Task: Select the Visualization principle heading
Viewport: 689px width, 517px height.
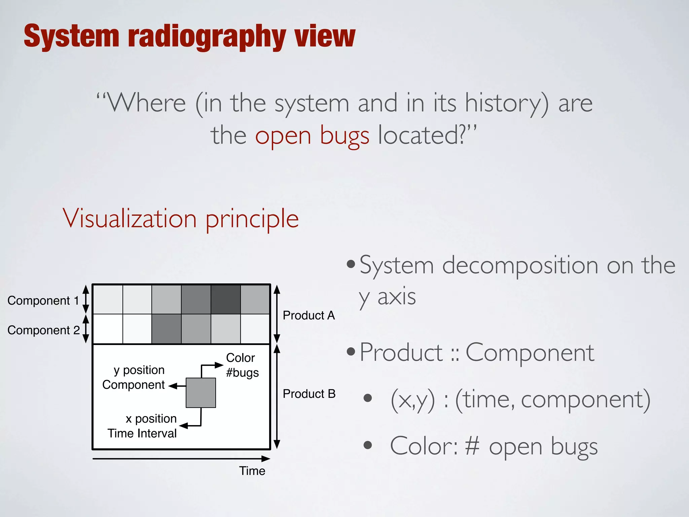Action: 181,218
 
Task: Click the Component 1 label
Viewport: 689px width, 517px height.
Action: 43,301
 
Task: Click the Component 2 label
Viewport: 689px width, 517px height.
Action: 43,330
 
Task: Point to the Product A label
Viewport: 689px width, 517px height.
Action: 309,315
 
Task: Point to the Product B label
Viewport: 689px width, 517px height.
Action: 309,394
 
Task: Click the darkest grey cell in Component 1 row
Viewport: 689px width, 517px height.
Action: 225,299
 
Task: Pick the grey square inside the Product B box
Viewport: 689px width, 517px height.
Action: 201,392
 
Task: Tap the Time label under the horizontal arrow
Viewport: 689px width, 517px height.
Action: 252,471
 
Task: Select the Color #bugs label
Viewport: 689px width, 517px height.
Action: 242,365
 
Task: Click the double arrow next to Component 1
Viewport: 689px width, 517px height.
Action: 86,299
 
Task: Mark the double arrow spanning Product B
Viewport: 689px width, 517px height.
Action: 277,397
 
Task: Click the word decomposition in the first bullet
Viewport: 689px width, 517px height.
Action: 520,266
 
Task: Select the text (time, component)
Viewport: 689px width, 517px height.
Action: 552,400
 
